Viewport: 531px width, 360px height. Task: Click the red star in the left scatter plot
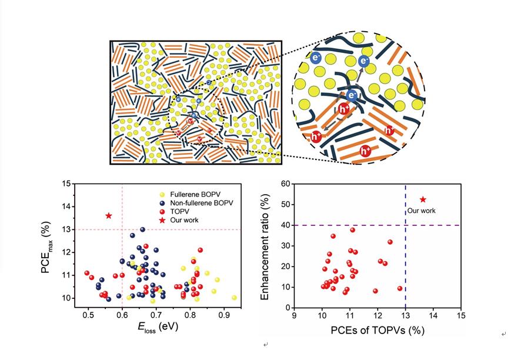point(109,216)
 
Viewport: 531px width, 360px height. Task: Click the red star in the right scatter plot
point(423,200)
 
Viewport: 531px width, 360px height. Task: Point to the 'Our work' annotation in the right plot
point(422,211)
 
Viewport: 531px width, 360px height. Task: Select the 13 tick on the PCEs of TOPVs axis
point(406,316)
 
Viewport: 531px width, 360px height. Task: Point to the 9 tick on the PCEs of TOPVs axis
point(295,316)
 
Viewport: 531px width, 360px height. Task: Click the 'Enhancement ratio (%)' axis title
point(265,245)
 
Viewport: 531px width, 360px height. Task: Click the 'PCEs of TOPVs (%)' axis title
point(377,330)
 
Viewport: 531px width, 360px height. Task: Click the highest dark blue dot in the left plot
point(142,229)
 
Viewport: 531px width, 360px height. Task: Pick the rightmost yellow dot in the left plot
point(234,298)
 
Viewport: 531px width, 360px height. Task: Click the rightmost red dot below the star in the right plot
point(400,288)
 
